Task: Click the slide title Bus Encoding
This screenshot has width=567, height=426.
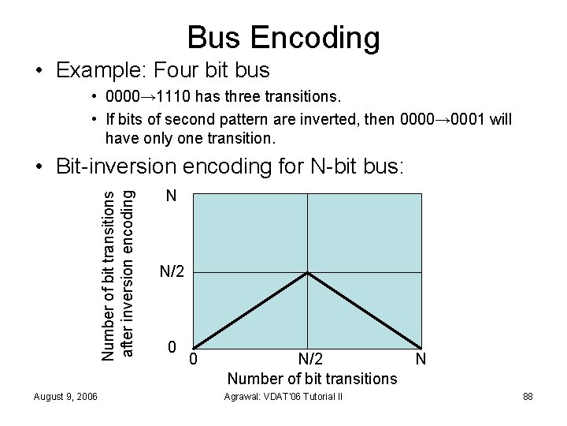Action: (283, 36)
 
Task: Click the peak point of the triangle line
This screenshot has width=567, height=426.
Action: (307, 273)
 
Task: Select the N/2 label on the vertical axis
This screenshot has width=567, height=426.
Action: (172, 273)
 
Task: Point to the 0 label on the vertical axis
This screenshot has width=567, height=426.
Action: (172, 347)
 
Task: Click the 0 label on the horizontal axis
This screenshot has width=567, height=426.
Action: (194, 361)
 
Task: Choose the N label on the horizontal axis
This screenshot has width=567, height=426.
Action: (421, 361)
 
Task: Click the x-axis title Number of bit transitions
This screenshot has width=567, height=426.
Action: (313, 379)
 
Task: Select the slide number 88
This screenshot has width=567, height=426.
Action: (527, 395)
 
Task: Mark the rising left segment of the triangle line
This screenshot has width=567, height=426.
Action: (250, 309)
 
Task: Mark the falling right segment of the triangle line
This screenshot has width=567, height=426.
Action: (364, 309)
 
